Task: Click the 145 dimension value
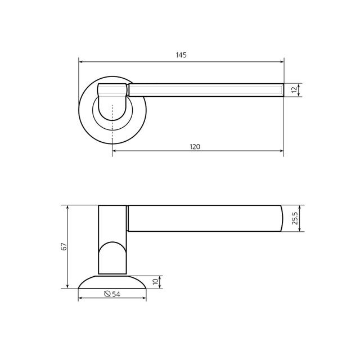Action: (181, 55)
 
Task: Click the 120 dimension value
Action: (195, 147)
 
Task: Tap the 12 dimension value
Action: (294, 90)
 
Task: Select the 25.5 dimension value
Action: (295, 218)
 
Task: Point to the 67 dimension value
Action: (64, 246)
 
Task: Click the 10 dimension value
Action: (155, 282)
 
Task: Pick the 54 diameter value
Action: (116, 294)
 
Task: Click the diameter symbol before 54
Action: (107, 294)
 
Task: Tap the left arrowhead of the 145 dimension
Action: (80, 61)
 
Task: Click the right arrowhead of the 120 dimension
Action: (281, 151)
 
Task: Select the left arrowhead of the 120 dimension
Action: (114, 151)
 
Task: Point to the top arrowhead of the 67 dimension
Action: (67, 208)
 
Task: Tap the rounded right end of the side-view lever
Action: (281, 218)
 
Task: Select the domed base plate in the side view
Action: (112, 282)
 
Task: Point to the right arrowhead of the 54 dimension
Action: (144, 298)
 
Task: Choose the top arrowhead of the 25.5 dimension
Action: (299, 208)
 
